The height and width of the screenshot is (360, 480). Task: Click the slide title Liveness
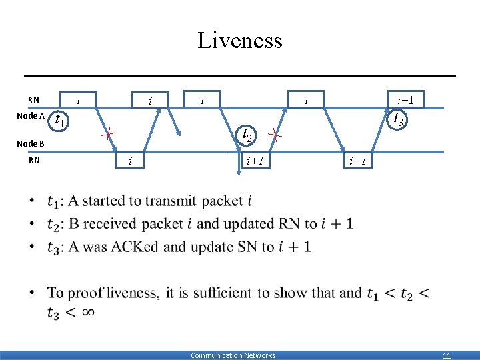(240, 41)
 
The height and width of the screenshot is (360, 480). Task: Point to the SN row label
(33, 101)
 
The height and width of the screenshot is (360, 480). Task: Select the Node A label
(31, 115)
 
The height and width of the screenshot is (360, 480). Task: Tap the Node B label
(31, 143)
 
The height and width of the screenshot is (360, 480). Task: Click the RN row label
(34, 160)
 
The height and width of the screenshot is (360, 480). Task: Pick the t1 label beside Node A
(59, 121)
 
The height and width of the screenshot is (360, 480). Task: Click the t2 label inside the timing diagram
(247, 135)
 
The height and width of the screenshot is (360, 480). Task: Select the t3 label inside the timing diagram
(399, 119)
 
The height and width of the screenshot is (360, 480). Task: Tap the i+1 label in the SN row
(405, 101)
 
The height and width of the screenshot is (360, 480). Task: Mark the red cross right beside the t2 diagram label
(274, 135)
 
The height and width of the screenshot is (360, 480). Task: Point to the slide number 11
(447, 356)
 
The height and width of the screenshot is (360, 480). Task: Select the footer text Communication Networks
(233, 355)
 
